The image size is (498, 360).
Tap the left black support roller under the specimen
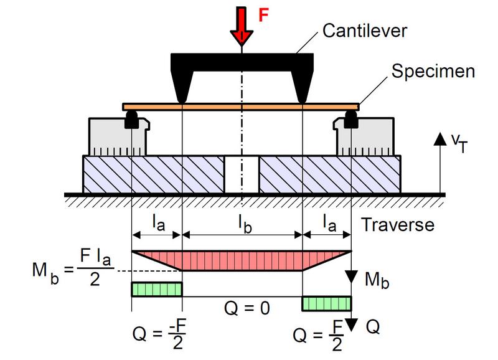(x=131, y=120)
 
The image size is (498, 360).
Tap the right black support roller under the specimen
(x=351, y=120)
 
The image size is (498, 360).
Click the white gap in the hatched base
(x=241, y=174)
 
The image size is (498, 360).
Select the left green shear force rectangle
(x=156, y=289)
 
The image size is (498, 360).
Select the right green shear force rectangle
(x=327, y=303)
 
